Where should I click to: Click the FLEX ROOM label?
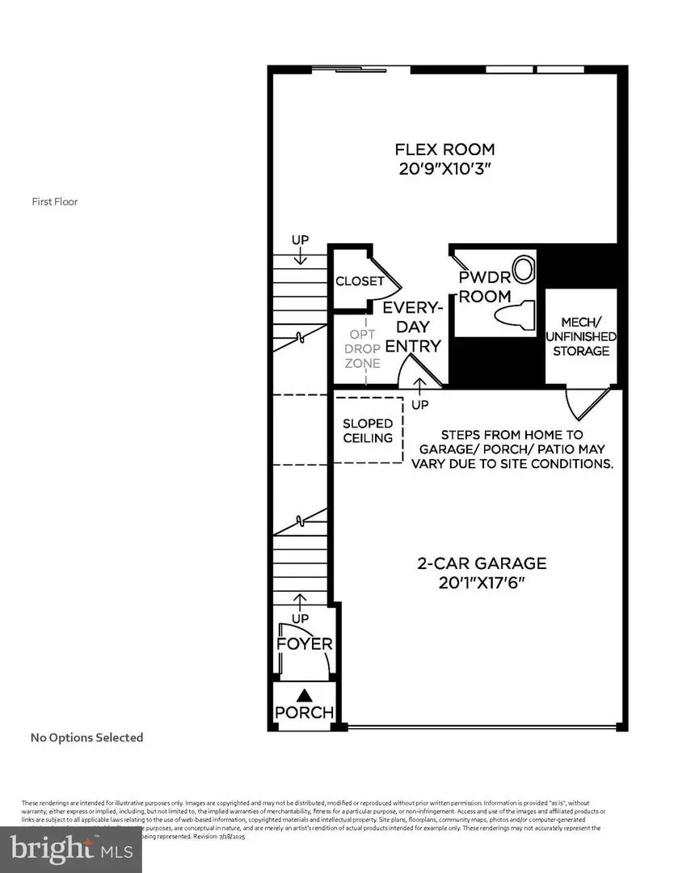(x=444, y=150)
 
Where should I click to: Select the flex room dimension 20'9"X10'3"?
(x=444, y=170)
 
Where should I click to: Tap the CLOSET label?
(x=360, y=281)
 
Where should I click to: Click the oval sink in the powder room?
(x=525, y=268)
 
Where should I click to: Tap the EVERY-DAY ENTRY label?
(x=412, y=327)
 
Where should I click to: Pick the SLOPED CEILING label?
(x=368, y=431)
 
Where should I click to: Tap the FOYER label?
(x=305, y=644)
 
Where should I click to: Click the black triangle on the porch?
(x=305, y=694)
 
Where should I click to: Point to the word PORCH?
(x=305, y=713)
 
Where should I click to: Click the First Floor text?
(x=55, y=202)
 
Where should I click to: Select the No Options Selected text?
(x=86, y=737)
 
